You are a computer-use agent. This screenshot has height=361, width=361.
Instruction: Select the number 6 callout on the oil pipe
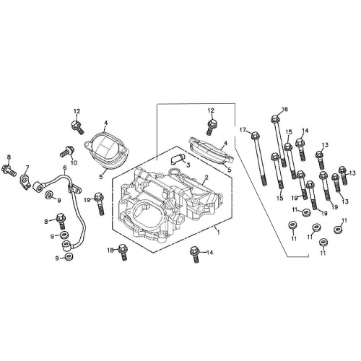pyautogui.click(x=65, y=168)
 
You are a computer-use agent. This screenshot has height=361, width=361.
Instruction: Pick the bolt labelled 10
pyautogui.click(x=66, y=152)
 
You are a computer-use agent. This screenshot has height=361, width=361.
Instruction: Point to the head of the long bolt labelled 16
pyautogui.click(x=276, y=120)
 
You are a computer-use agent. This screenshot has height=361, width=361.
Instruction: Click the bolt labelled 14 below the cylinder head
pyautogui.click(x=195, y=252)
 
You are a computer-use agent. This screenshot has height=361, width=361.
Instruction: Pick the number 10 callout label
pyautogui.click(x=73, y=163)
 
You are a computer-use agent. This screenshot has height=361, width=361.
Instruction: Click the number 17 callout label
pyautogui.click(x=243, y=131)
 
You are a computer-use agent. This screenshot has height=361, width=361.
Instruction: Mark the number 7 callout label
pyautogui.click(x=27, y=168)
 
